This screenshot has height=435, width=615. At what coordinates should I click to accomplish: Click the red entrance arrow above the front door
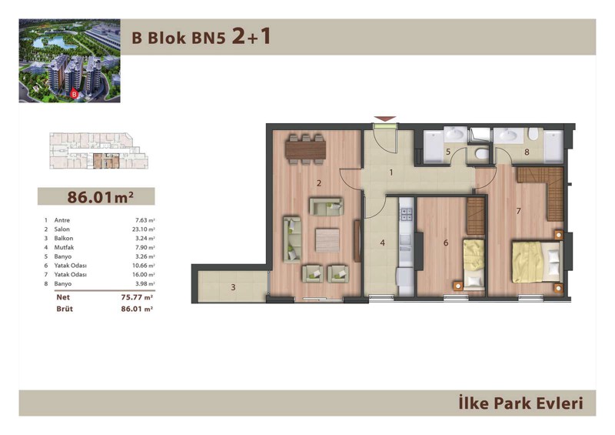[x=385, y=119]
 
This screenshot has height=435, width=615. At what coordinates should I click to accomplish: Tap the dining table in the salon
[x=305, y=149]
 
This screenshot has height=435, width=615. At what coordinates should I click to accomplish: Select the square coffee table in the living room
[x=327, y=240]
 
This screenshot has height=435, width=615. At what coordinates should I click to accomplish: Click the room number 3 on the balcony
[x=233, y=287]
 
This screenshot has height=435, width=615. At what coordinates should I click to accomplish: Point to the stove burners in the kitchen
[x=406, y=214]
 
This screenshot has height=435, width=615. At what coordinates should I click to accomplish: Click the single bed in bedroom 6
[x=474, y=264]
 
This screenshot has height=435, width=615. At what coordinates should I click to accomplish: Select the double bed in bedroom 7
[x=537, y=262]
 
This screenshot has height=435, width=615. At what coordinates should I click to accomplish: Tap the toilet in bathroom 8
[x=533, y=135]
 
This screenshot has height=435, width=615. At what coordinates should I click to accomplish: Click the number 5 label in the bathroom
[x=448, y=152]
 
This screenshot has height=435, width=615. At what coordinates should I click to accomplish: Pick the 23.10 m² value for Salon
[x=143, y=229]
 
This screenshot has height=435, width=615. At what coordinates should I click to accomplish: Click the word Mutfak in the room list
[x=64, y=247]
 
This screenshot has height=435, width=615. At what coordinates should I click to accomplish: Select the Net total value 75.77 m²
[x=137, y=297]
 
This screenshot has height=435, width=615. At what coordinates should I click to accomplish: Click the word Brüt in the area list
[x=65, y=309]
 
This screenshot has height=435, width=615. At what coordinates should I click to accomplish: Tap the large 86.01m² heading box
[x=96, y=196]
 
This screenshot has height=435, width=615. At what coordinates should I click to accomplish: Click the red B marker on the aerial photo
[x=73, y=94]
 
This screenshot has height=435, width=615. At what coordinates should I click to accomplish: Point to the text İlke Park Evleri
[x=521, y=403]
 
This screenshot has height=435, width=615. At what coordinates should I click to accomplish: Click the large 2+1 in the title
[x=251, y=36]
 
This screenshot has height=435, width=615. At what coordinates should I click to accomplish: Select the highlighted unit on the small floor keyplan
[x=106, y=161]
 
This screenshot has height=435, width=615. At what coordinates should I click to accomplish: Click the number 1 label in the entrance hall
[x=391, y=172]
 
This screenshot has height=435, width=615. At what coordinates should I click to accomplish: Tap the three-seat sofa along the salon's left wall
[x=292, y=239]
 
